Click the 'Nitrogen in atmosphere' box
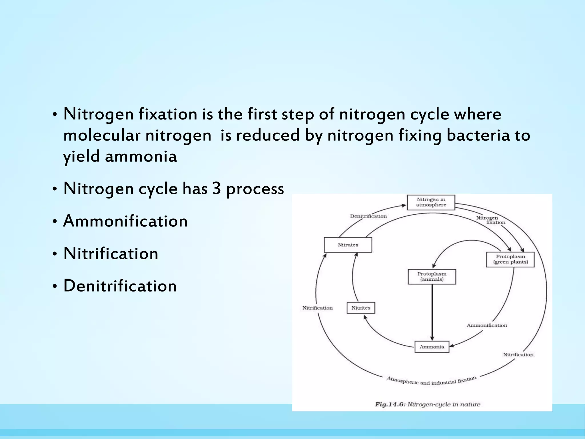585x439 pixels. pos(431,202)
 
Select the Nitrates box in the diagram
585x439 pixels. pos(348,245)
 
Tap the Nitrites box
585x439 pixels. pos(361,308)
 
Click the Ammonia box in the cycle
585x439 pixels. pos(432,347)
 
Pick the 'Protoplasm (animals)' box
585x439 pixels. pos(432,277)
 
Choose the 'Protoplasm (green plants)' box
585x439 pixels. pos(510,260)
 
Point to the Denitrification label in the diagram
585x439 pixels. pos(368,216)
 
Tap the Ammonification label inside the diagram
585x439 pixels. pos(487,325)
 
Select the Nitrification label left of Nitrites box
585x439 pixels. pos(317,308)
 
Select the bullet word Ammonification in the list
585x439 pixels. pos(125,221)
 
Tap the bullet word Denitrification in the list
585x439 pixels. pos(120,286)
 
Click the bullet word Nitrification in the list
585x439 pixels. pos(111,254)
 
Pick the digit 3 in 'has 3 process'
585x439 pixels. pos(217,189)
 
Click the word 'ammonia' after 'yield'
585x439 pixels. pos(141,157)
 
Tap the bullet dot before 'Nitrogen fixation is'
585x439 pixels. pos(55,115)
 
